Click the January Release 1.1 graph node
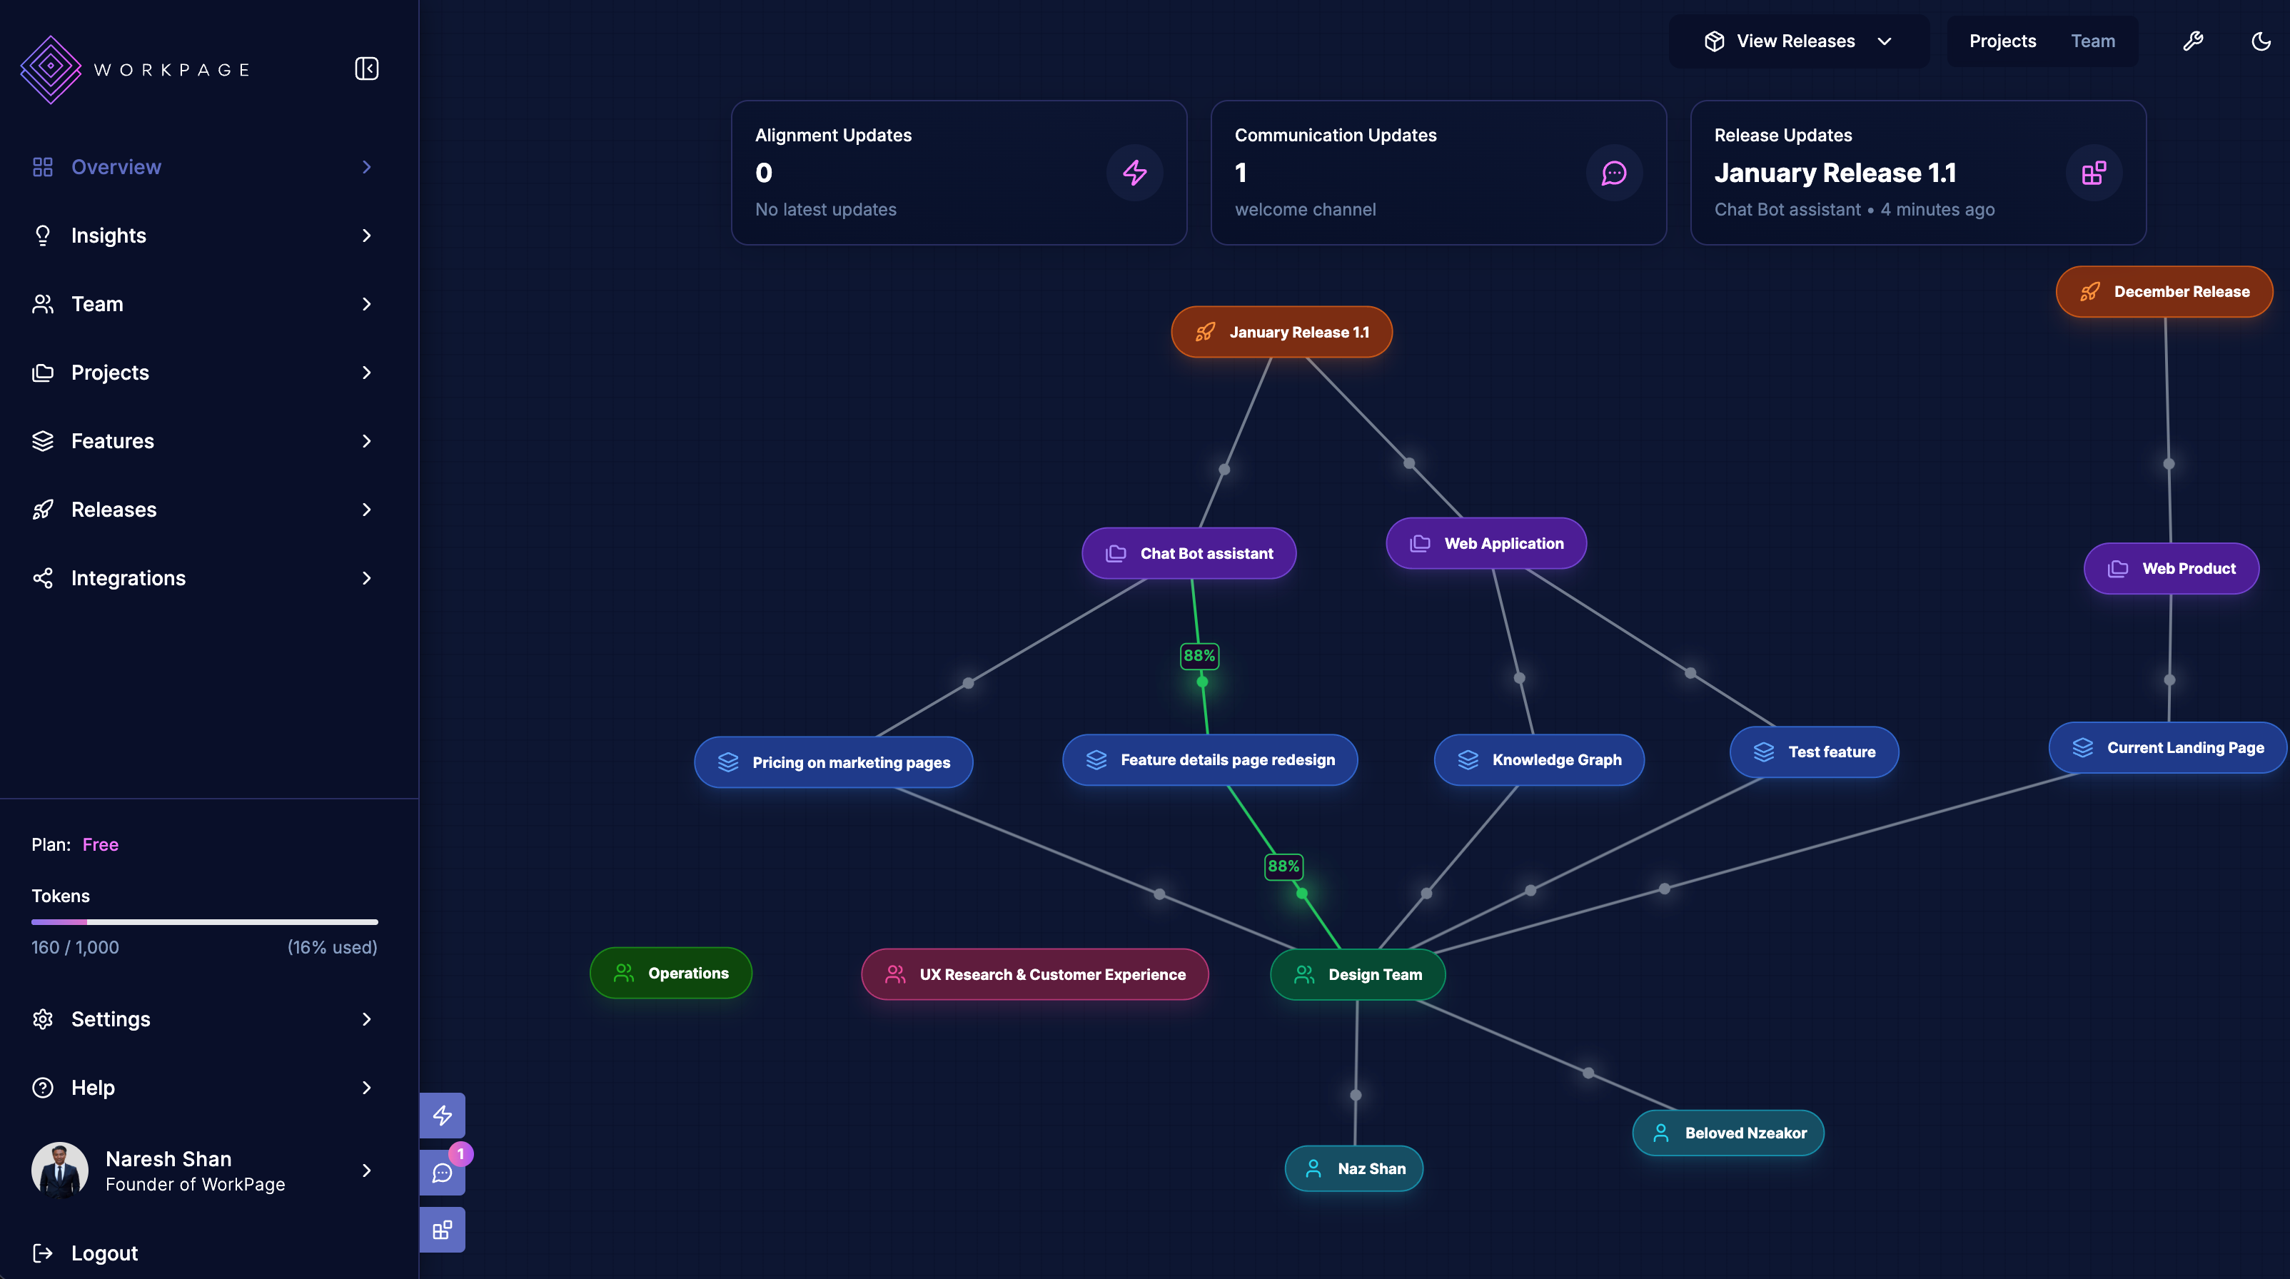click(1281, 333)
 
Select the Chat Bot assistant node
click(1189, 554)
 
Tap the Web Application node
click(1486, 543)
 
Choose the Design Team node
click(1358, 974)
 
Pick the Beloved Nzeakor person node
click(1728, 1133)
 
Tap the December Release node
click(2164, 291)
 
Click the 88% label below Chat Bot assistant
click(1199, 656)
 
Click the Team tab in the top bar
click(2093, 41)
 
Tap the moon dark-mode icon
click(2261, 41)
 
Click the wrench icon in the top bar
click(2193, 41)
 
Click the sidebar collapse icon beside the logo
click(367, 69)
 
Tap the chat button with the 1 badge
click(442, 1173)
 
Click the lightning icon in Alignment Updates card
click(1134, 173)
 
